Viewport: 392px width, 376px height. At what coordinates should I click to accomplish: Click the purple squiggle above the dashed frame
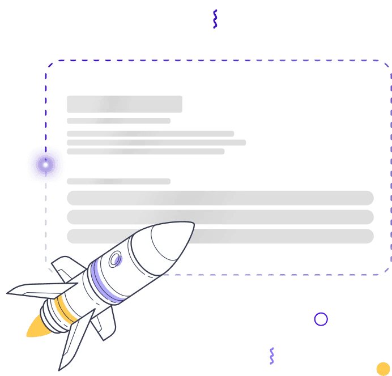pos(215,19)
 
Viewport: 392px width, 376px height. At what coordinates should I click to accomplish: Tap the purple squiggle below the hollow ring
pos(272,356)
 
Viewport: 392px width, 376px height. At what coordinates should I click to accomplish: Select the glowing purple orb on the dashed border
pos(46,165)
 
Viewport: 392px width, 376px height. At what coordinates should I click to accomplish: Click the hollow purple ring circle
pos(321,319)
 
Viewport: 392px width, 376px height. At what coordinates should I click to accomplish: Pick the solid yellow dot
pos(384,369)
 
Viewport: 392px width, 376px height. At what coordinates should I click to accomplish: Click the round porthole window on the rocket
pos(116,259)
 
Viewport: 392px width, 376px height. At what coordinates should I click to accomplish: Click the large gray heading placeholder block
pos(125,104)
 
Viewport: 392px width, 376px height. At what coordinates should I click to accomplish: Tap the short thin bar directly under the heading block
pos(118,121)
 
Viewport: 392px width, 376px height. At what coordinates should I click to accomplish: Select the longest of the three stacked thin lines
pos(156,143)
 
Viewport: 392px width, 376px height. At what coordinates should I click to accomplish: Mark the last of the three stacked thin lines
pos(146,151)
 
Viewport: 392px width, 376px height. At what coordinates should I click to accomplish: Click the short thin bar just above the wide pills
pos(118,181)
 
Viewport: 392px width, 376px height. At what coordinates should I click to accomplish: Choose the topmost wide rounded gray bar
pos(220,198)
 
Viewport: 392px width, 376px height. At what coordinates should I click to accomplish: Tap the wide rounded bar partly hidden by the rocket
pos(283,236)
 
